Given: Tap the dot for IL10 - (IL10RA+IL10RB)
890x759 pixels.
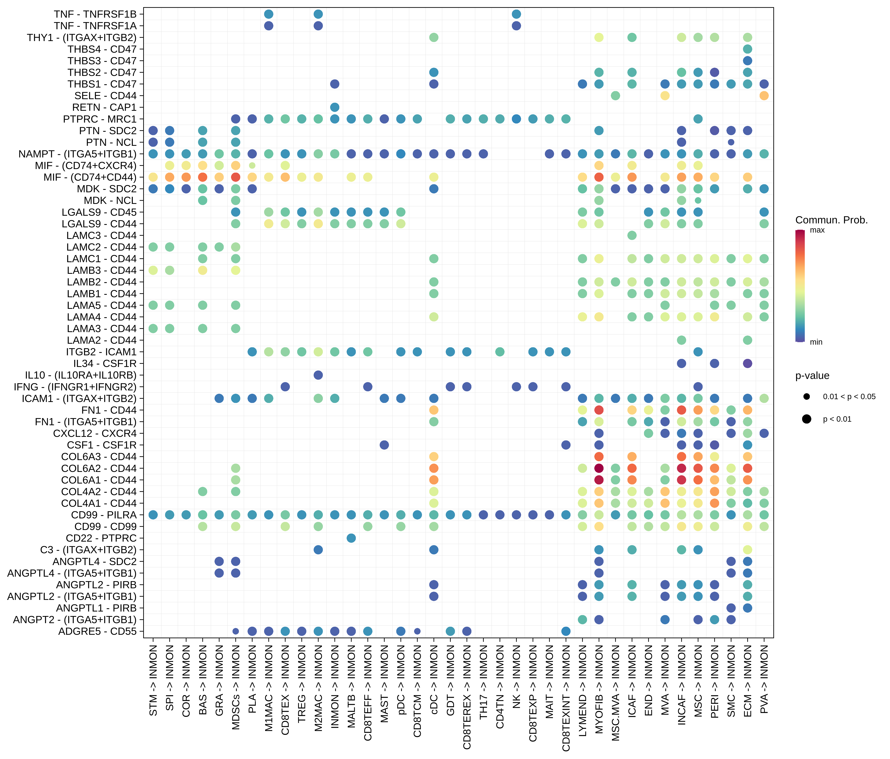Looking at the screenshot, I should pyautogui.click(x=318, y=375).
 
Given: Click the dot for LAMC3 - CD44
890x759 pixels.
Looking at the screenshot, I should pyautogui.click(x=632, y=235).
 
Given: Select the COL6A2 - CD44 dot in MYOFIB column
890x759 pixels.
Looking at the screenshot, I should pyautogui.click(x=599, y=468).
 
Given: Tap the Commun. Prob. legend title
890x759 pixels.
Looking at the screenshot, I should pyautogui.click(x=831, y=220).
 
